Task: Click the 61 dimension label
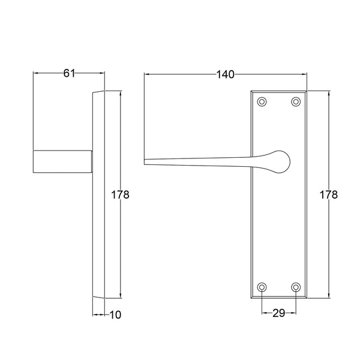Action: coord(69,73)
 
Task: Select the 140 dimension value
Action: coord(225,74)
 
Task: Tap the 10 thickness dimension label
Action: coord(115,315)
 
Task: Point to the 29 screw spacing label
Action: coord(279,313)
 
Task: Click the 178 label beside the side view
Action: coord(120,195)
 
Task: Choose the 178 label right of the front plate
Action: coord(329,195)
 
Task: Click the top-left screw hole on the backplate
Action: coord(262,101)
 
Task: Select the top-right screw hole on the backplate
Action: coord(296,101)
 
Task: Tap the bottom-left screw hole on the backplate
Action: coord(262,287)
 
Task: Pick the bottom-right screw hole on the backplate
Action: coord(296,287)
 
